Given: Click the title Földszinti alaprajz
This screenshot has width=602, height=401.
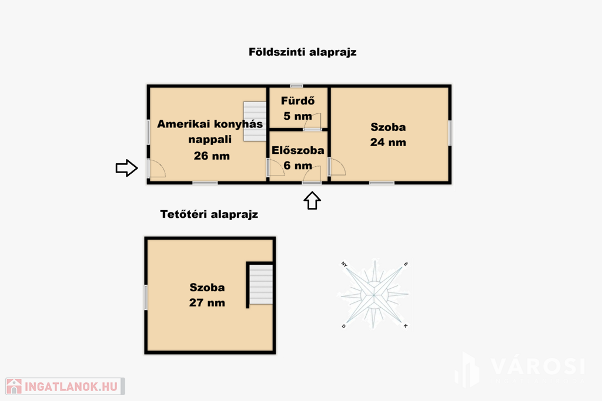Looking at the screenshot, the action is tap(303, 52).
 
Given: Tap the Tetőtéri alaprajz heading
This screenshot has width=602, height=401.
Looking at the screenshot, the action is tap(209, 214).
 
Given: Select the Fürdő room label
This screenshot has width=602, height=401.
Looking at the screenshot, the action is tap(298, 101).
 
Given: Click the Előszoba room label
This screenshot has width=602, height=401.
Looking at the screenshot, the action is tap(298, 150).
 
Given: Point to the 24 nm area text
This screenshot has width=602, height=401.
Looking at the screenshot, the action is tap(388, 143).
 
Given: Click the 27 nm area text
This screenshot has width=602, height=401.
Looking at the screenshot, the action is tap(207, 303).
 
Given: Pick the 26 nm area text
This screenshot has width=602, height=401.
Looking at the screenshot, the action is tap(212, 156).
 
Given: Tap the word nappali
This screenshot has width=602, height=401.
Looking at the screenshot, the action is tap(210, 140).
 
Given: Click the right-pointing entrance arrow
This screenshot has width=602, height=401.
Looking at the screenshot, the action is tap(127, 168).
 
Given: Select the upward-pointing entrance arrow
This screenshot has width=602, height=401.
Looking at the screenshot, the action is tap(312, 201).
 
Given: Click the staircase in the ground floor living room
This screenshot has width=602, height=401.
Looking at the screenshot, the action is tap(255, 121).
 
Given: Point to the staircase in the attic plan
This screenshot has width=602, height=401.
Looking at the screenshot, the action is tap(261, 284).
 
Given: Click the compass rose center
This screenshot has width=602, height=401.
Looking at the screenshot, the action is tap(374, 295).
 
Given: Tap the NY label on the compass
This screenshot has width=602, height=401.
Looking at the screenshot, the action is tap(344, 264).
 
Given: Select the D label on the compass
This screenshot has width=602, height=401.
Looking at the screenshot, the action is tap(343, 326).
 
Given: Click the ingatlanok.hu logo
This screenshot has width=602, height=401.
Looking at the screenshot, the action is tap(65, 386).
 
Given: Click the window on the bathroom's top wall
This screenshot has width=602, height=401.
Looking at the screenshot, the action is tap(296, 86).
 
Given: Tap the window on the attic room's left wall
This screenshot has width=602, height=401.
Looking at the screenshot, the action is tap(146, 298).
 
